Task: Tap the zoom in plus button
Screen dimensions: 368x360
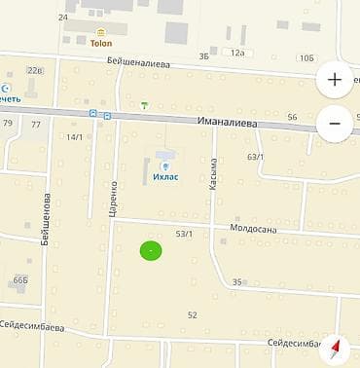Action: pos(335,80)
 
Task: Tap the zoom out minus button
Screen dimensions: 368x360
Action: pos(335,124)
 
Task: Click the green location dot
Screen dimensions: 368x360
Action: pos(151,251)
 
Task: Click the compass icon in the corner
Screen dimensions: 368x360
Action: pos(337,348)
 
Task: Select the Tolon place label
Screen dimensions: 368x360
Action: pos(101,44)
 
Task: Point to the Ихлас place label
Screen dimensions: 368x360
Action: pos(163,177)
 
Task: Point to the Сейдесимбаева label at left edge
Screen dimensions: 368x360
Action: pos(32,325)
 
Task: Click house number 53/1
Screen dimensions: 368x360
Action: pos(184,234)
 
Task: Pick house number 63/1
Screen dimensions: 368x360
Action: pos(256,157)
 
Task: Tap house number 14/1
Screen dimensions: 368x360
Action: pos(75,137)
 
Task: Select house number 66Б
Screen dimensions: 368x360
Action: pos(20,280)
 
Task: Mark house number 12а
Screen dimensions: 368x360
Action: pos(238,53)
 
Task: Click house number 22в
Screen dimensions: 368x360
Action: pos(35,70)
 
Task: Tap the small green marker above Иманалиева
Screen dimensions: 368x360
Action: pos(145,104)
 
